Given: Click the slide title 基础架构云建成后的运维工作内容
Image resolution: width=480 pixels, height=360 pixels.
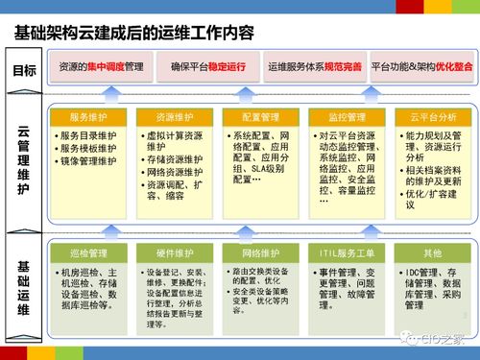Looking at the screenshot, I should [134, 32].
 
